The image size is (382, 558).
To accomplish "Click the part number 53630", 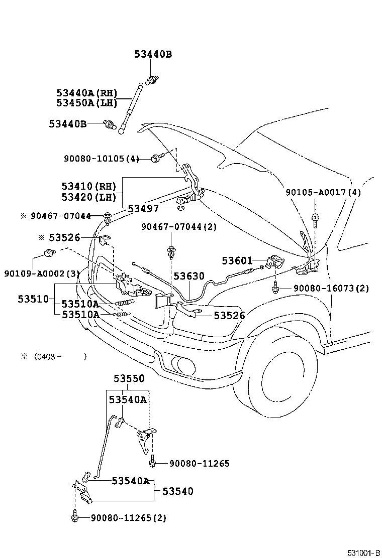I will click(189, 276).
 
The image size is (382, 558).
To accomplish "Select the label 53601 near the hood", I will click(237, 260).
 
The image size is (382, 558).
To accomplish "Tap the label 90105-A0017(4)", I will click(323, 192).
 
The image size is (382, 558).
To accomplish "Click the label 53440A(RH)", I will click(86, 93).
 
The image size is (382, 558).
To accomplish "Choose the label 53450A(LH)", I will click(86, 103).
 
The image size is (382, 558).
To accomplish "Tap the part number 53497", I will click(143, 208).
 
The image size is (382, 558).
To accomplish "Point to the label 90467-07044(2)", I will click(179, 227).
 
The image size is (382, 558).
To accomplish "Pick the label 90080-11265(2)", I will click(128, 517).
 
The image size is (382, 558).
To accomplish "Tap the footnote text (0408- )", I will click(60, 356).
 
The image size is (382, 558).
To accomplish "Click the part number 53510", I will click(33, 299).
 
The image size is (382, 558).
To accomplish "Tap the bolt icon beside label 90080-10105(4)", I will click(155, 159).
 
